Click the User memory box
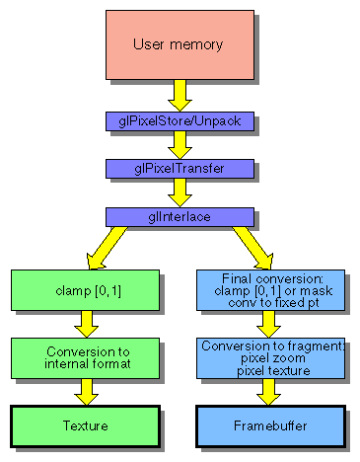coord(179,43)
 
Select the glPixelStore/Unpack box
coord(179,121)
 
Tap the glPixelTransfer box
coord(179,168)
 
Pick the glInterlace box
coord(179,214)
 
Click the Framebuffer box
coord(270,425)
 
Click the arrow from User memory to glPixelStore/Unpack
coord(179,95)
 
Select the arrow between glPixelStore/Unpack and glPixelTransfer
coord(179,145)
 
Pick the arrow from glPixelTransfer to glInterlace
coord(179,192)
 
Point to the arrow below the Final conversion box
coord(270,325)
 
